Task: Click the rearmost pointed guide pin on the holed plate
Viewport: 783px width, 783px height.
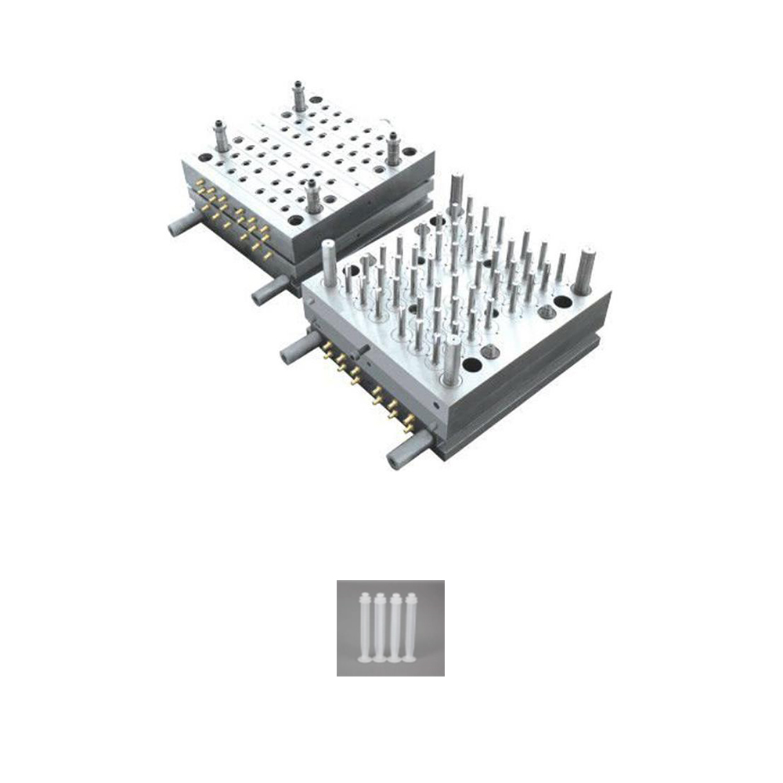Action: [x=299, y=96]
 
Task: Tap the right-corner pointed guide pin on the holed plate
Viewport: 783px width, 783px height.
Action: [x=392, y=147]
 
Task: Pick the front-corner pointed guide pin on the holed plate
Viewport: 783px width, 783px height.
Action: [x=313, y=196]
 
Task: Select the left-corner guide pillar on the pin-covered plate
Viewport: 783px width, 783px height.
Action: [x=330, y=263]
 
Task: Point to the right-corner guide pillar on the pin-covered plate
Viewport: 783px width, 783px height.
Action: [x=584, y=270]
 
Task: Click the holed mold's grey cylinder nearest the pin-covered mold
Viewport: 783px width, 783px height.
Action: [x=270, y=290]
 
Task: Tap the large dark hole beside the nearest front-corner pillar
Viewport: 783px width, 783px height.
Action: [x=472, y=365]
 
